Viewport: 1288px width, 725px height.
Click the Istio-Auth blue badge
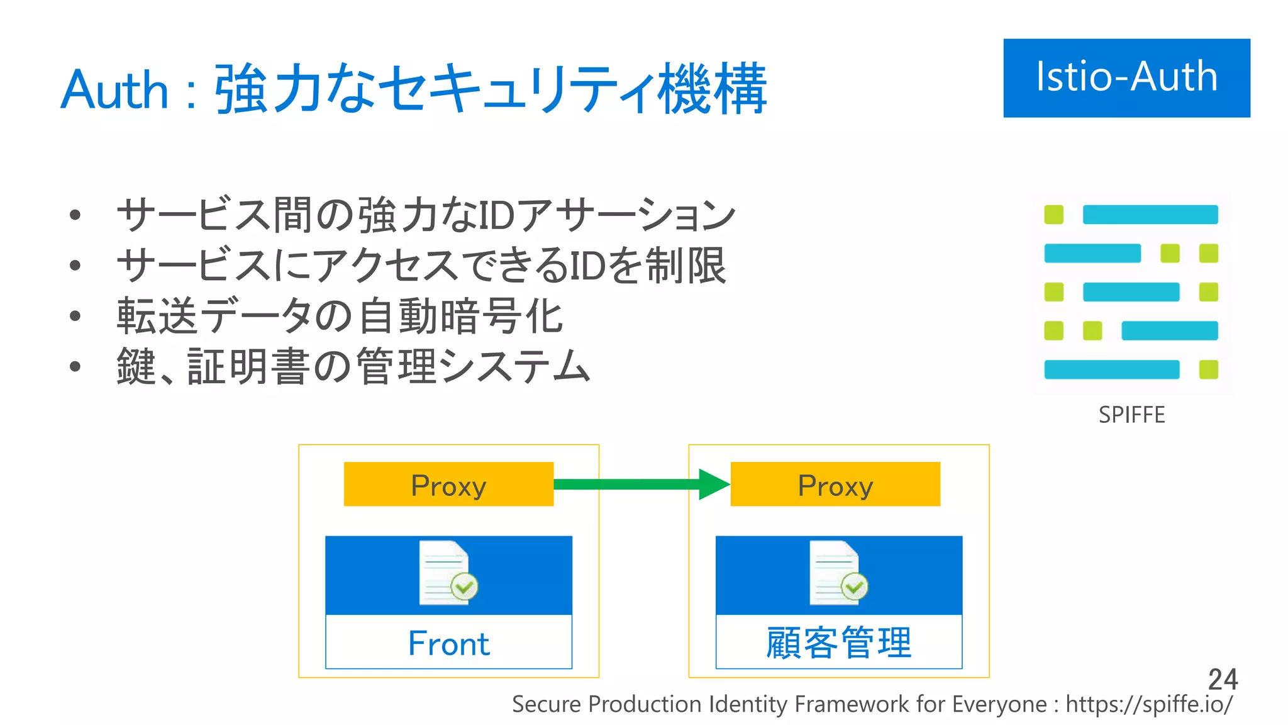1126,77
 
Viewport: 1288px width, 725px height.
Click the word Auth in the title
114,90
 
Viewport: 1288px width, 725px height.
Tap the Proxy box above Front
448,485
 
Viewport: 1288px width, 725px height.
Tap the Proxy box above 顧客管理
835,485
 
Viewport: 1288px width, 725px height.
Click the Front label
448,643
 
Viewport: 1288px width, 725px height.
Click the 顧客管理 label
838,643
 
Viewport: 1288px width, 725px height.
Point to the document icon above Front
447,573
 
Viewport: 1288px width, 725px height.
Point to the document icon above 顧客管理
837,573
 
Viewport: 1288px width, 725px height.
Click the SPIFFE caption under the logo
1131,415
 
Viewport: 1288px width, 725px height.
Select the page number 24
1222,679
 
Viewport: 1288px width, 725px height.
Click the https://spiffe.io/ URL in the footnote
1148,704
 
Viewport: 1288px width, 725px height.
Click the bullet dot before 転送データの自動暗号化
75,316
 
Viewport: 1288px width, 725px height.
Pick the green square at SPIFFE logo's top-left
1053,215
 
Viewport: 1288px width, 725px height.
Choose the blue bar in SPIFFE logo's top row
1150,215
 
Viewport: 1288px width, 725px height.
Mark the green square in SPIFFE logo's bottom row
1208,369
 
